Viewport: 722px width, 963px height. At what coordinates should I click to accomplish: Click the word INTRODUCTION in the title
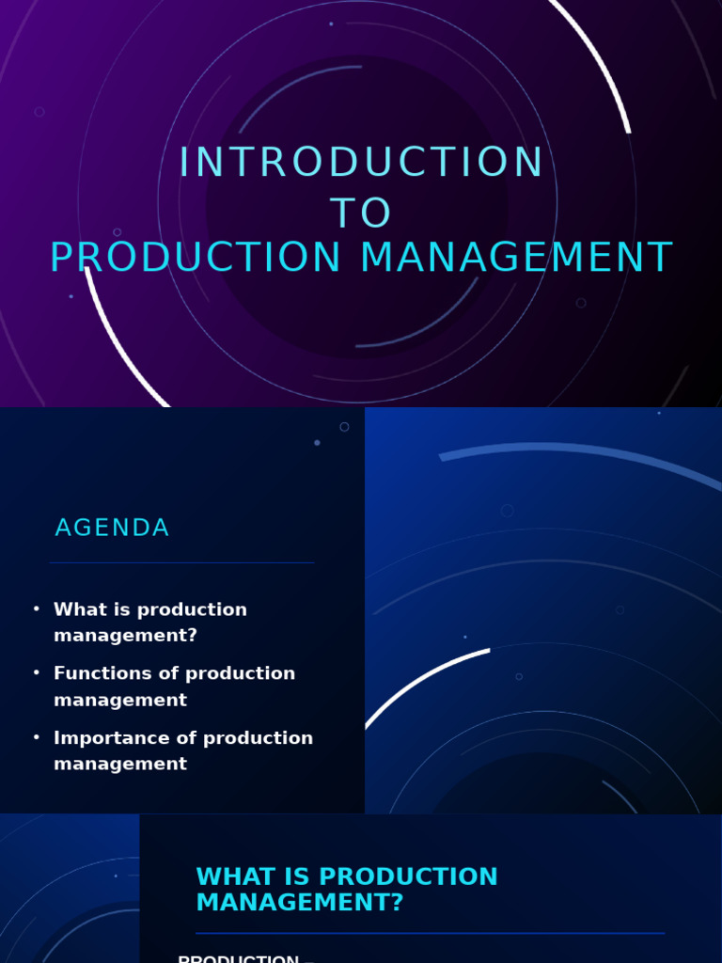point(361,163)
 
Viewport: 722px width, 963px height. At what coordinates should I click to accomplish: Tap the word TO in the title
point(361,213)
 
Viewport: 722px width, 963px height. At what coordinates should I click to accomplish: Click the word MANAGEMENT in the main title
point(516,259)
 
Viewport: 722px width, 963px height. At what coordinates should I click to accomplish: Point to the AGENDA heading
point(112,529)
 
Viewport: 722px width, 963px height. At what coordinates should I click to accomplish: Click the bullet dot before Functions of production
point(37,673)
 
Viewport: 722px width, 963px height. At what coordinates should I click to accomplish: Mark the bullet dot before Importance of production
point(37,738)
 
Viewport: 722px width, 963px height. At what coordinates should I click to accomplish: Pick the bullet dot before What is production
point(37,609)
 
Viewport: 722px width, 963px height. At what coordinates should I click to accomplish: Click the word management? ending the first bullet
point(125,636)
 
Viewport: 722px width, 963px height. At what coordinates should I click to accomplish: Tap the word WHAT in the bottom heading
point(230,877)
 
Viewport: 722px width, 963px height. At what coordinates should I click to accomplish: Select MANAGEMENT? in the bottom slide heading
point(299,903)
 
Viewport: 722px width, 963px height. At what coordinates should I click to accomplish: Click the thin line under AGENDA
point(181,562)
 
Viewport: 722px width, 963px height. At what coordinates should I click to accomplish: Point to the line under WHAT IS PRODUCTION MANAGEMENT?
point(430,933)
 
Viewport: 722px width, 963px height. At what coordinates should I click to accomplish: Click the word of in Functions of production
point(168,673)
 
